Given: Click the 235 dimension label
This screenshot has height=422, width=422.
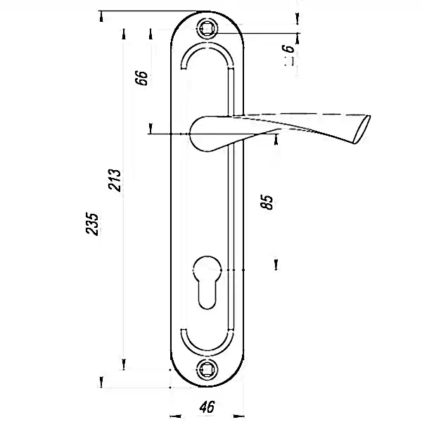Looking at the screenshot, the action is tap(92, 224).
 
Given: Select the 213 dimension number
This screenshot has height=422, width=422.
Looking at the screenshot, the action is tap(115, 180).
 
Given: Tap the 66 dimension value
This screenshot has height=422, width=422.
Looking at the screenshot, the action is tap(141, 78).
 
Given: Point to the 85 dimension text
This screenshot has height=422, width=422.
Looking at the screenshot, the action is tap(267, 202).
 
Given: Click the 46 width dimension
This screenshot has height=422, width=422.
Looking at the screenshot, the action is tap(207, 407).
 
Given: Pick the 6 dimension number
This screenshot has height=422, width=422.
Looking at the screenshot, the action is tap(288, 49).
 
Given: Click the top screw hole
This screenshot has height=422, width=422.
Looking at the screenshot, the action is tap(207, 28).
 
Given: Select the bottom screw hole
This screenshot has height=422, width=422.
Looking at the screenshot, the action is tap(207, 369).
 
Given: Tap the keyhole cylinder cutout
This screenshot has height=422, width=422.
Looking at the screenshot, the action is tap(207, 282).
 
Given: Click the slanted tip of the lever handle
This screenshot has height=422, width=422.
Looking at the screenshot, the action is tap(362, 129).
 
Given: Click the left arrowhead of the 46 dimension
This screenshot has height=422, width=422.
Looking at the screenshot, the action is tap(175, 416).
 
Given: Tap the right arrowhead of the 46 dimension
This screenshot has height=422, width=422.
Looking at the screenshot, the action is tap(238, 416).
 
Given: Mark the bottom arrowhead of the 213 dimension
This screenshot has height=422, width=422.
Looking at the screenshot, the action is tap(124, 364).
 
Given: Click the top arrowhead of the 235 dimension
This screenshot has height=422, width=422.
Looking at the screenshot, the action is tap(101, 16).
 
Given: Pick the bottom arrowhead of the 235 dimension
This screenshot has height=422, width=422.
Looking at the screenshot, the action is tap(101, 382).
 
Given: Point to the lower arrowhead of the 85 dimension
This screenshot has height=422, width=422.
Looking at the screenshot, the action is tap(276, 264).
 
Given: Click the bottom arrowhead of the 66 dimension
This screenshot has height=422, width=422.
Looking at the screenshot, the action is tap(151, 128).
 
